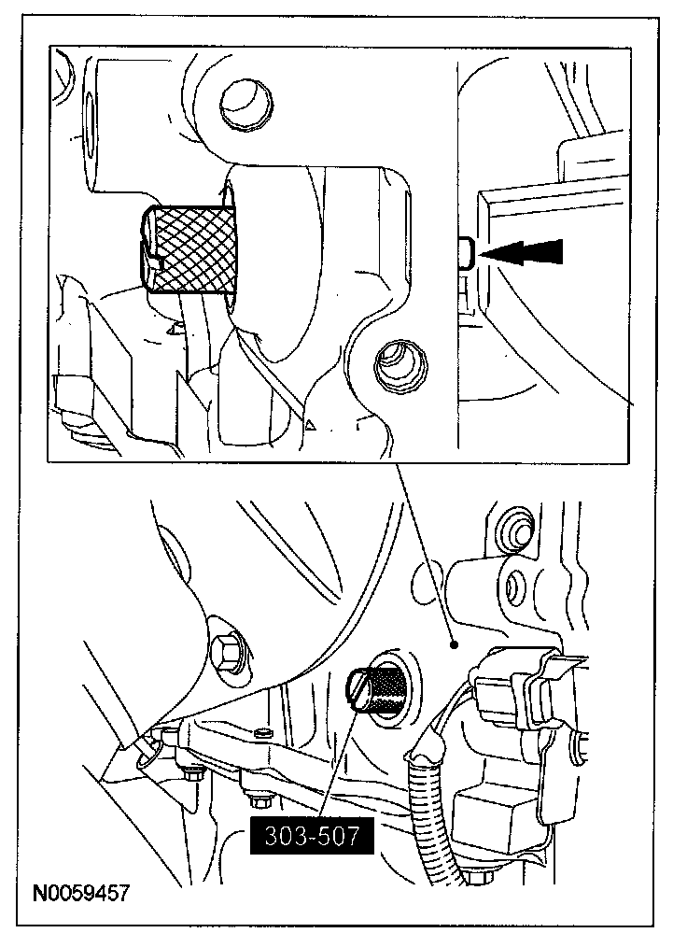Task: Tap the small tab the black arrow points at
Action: point(467,251)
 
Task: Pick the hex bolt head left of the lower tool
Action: point(226,651)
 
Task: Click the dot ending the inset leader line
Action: point(452,643)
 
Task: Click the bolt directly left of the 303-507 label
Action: point(257,801)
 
